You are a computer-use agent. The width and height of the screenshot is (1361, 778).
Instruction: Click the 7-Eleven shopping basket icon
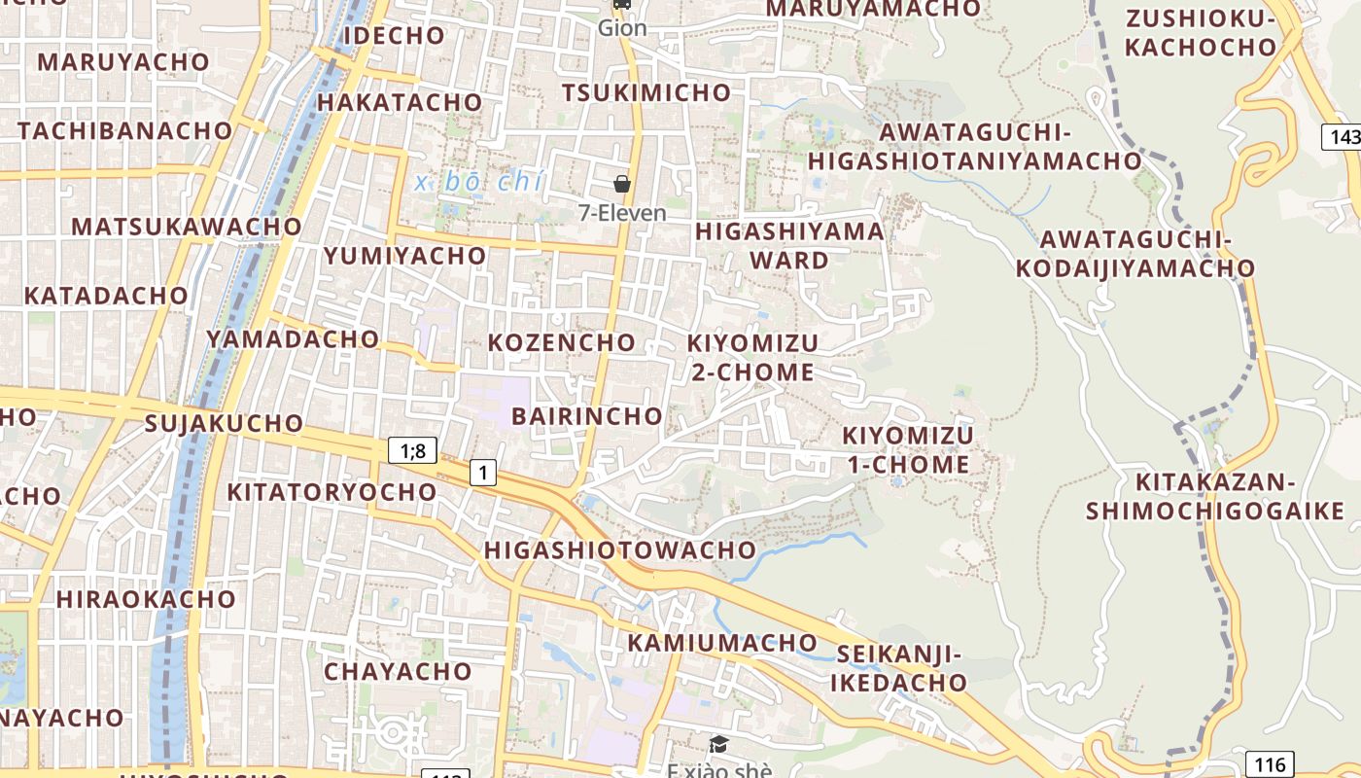point(622,184)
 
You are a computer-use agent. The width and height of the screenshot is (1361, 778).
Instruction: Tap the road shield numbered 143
point(1344,137)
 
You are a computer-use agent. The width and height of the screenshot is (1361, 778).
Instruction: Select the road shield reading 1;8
point(412,450)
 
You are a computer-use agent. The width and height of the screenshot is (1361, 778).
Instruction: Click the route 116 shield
point(1269,764)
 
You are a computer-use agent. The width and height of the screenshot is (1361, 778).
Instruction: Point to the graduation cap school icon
point(718,745)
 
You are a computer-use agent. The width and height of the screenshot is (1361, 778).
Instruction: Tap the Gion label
point(622,27)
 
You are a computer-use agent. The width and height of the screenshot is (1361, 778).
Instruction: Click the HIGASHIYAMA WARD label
point(789,246)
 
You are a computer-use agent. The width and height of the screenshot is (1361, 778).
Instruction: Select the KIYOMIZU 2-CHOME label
point(752,357)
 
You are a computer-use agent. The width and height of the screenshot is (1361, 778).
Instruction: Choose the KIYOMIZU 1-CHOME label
point(908,449)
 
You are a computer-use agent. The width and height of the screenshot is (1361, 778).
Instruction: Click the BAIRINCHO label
point(587,416)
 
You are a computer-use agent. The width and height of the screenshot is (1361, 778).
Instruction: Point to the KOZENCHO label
point(561,342)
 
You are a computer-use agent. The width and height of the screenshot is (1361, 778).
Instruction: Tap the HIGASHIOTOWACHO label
point(620,549)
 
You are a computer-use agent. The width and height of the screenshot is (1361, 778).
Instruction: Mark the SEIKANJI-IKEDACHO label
point(899,668)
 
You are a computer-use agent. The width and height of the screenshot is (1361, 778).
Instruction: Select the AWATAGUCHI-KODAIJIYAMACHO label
point(1135,253)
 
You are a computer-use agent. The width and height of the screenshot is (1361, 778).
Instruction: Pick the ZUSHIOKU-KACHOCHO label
point(1200,32)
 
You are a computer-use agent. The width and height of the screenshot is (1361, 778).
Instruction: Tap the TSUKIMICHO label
point(646,92)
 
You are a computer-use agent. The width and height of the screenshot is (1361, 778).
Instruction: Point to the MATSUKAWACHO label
point(187,227)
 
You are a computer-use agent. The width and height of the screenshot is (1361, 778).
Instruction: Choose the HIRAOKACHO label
point(146,598)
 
